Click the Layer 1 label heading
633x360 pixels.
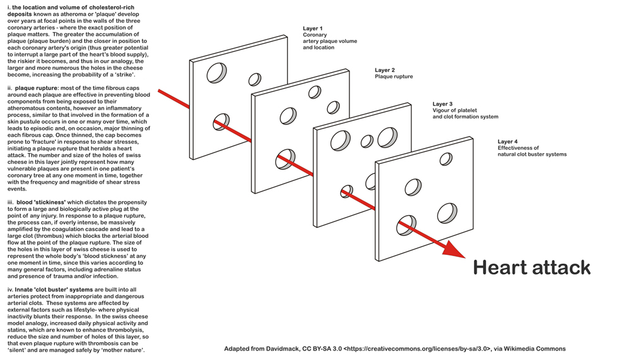click(312, 28)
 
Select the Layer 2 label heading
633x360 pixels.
click(384, 70)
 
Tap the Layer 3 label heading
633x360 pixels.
click(442, 104)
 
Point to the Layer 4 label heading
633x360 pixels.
click(507, 142)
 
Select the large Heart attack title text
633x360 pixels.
click(532, 268)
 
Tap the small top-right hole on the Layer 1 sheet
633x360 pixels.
click(254, 79)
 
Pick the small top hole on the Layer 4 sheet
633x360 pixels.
click(446, 158)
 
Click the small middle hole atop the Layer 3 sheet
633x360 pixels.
click(367, 140)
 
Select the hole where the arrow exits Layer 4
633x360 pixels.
click(406, 225)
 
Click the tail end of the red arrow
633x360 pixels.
click(160, 92)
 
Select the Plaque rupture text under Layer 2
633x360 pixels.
click(394, 77)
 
